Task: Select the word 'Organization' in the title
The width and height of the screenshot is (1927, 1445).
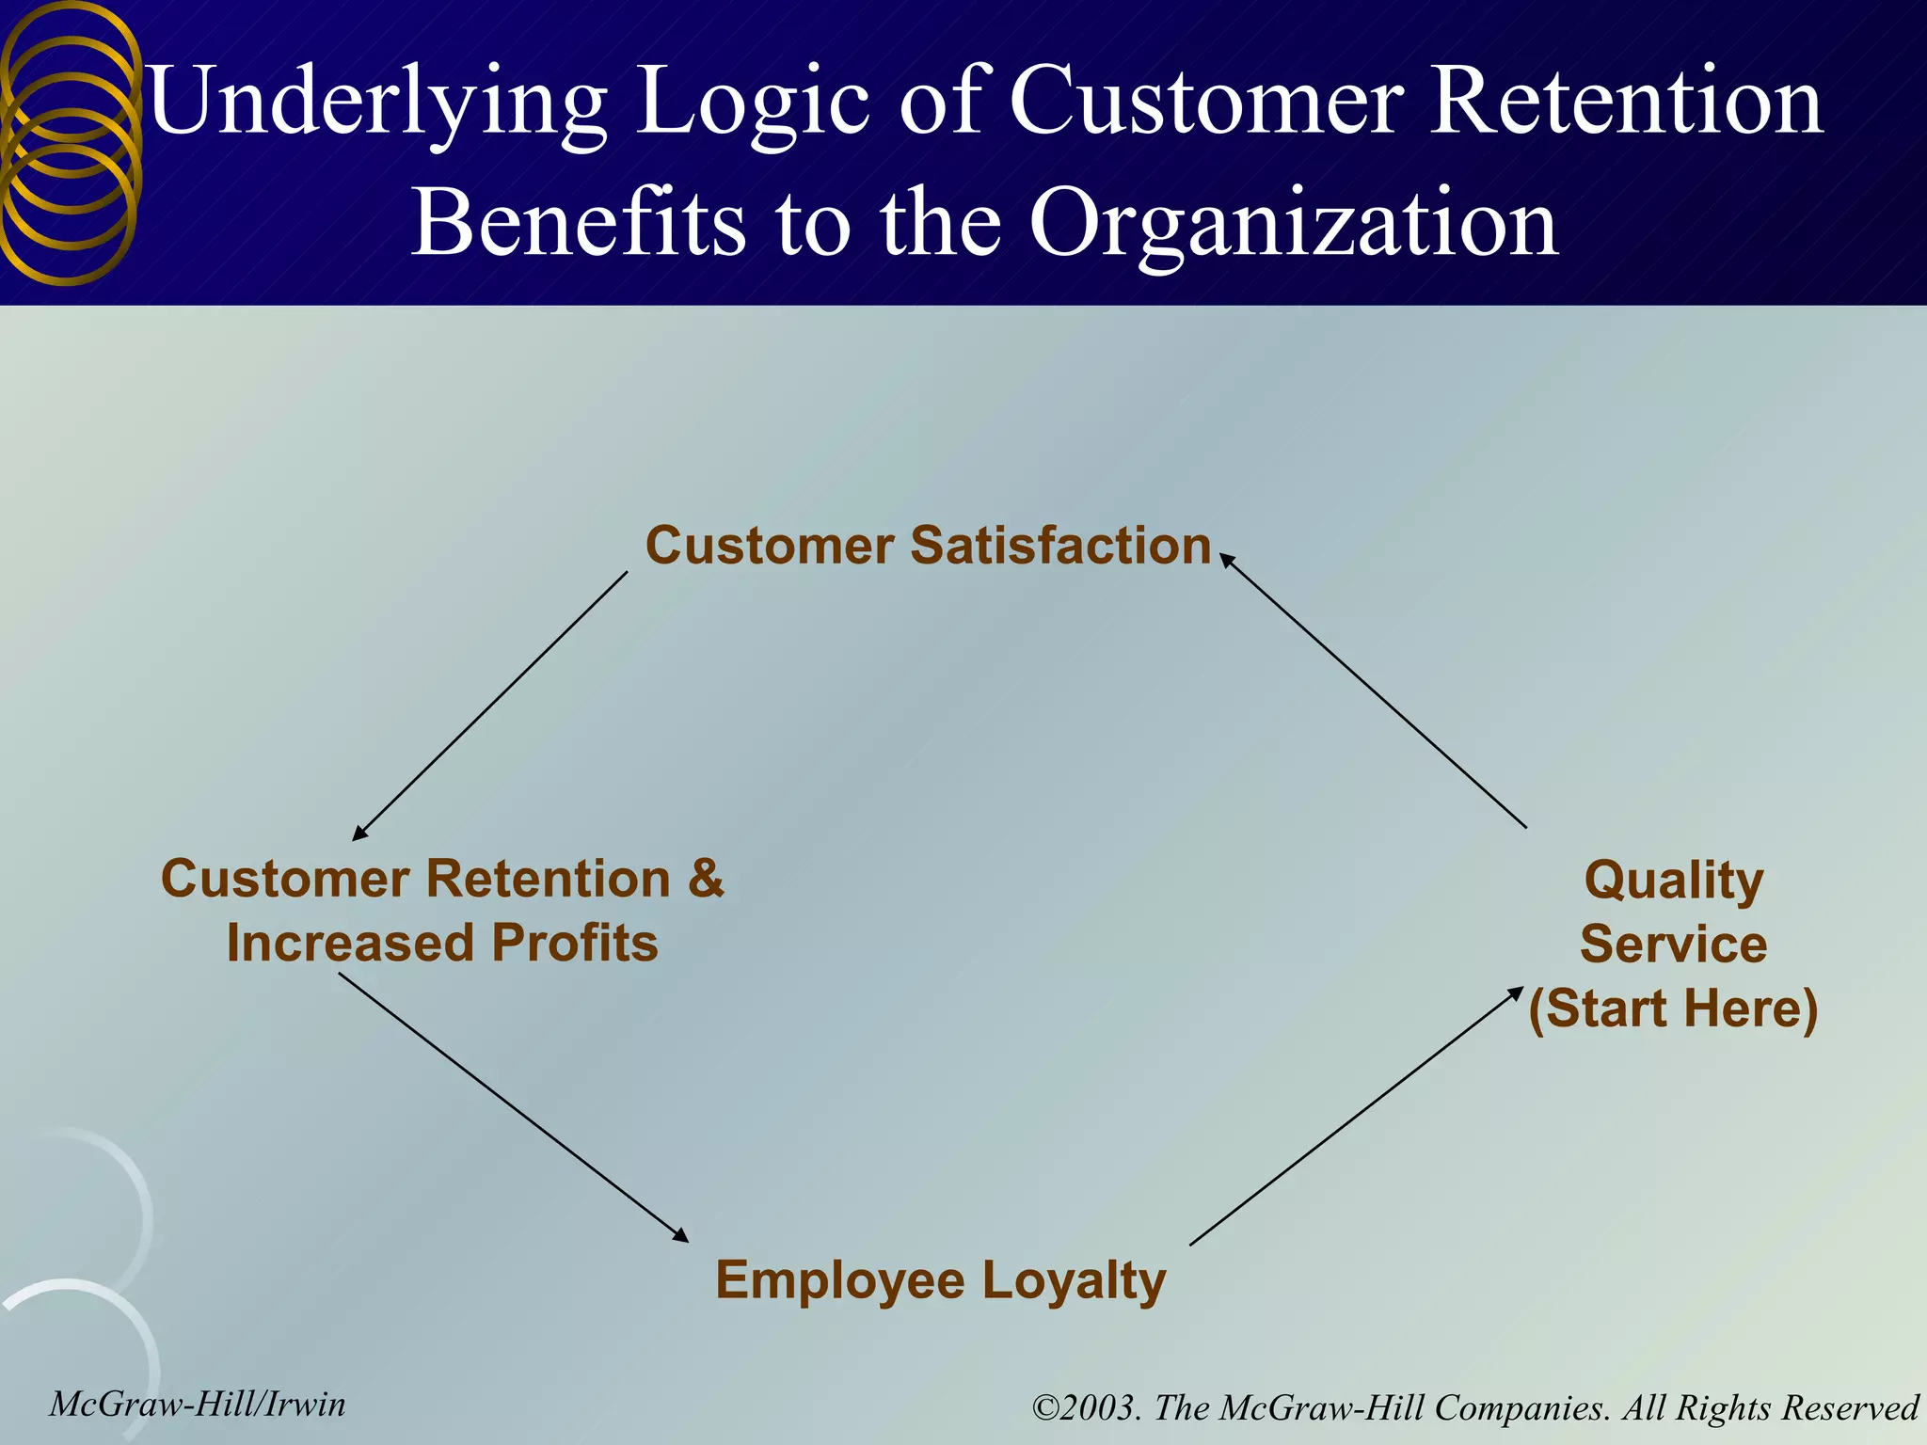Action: pos(1293,224)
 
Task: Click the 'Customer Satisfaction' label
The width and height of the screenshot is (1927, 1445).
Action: pos(928,546)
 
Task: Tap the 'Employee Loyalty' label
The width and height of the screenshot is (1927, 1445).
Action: pos(940,1280)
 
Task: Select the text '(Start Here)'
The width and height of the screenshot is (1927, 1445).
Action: pos(1673,1008)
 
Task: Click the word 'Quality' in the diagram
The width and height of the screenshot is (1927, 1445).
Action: pos(1674,881)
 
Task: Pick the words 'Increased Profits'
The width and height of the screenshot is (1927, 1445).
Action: pos(442,943)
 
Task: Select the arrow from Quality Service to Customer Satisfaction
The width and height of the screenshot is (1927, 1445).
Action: pos(1374,692)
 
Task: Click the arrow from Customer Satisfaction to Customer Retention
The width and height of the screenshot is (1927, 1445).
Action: pos(490,706)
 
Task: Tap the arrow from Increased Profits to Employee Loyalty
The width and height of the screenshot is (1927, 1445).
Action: pos(514,1107)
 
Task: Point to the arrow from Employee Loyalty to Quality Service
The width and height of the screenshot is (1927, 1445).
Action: pos(1357,1116)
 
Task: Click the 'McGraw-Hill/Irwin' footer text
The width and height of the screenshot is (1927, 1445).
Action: pos(198,1404)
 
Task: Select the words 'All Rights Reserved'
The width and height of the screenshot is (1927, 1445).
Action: pos(1771,1407)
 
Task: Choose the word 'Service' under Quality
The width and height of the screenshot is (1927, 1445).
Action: pos(1673,944)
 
